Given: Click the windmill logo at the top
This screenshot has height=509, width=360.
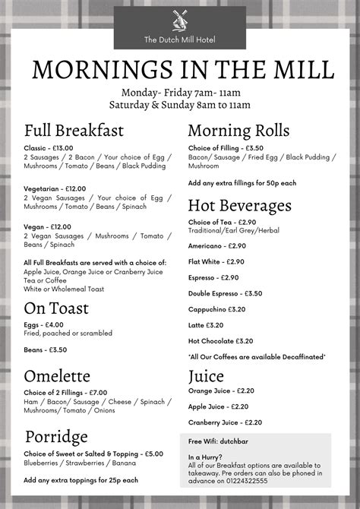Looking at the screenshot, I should pos(179,21).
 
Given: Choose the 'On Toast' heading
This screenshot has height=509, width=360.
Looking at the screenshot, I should pos(56,308).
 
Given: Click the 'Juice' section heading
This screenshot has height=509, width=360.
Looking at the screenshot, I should pos(206,376).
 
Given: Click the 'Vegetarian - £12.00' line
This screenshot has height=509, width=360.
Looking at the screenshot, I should pos(55,188).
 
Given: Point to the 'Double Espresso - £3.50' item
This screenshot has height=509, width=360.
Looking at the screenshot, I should pos(225,293).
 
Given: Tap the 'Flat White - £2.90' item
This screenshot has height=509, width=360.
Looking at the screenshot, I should pos(216,261).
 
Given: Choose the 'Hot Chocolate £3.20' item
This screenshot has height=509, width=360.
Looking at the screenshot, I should pos(219,340).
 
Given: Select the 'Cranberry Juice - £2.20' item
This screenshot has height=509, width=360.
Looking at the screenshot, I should pos(224,422).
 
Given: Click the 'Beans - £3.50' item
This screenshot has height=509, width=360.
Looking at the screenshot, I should pos(46,349).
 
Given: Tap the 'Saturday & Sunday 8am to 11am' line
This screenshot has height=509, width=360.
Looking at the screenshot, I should pos(179,104).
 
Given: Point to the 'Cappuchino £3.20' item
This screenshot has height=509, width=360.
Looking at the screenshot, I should pos(216,309).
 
